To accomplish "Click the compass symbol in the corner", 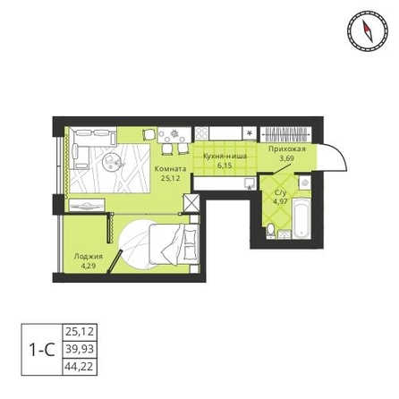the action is pyautogui.click(x=368, y=30).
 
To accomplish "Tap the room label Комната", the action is pyautogui.click(x=170, y=169).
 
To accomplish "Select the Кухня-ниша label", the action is pyautogui.click(x=225, y=156).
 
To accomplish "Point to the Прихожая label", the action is pyautogui.click(x=287, y=149).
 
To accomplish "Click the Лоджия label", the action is pyautogui.click(x=89, y=257).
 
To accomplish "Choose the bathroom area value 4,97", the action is pyautogui.click(x=280, y=201).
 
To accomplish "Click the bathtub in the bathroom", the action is pyautogui.click(x=301, y=217).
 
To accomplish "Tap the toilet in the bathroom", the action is pyautogui.click(x=270, y=231).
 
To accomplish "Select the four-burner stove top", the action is pyautogui.click(x=201, y=133).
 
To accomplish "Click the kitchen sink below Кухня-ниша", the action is pyautogui.click(x=250, y=183).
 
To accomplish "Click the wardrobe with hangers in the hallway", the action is pyautogui.click(x=285, y=134).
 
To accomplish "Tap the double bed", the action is pyautogui.click(x=174, y=244).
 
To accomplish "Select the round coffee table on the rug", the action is pyautogui.click(x=110, y=161).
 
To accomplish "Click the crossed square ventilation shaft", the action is pyautogui.click(x=191, y=202).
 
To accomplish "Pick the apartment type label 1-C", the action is pyautogui.click(x=42, y=350).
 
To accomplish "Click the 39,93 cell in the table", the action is pyautogui.click(x=80, y=349).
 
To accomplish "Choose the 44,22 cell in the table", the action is pyautogui.click(x=80, y=366).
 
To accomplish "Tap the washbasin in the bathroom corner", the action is pyautogui.click(x=304, y=182).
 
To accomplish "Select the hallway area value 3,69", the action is pyautogui.click(x=286, y=158).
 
